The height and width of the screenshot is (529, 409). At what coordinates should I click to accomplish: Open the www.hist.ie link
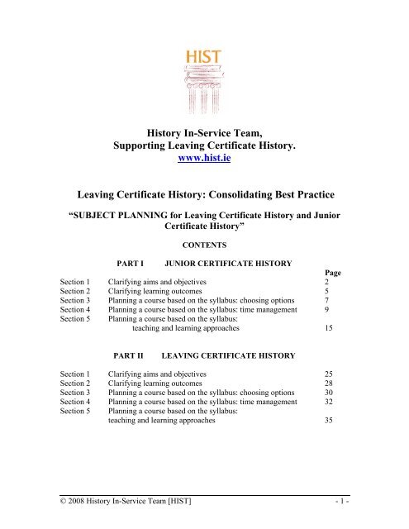coord(203,160)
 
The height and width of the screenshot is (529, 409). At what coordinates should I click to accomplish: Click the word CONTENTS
coord(203,245)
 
